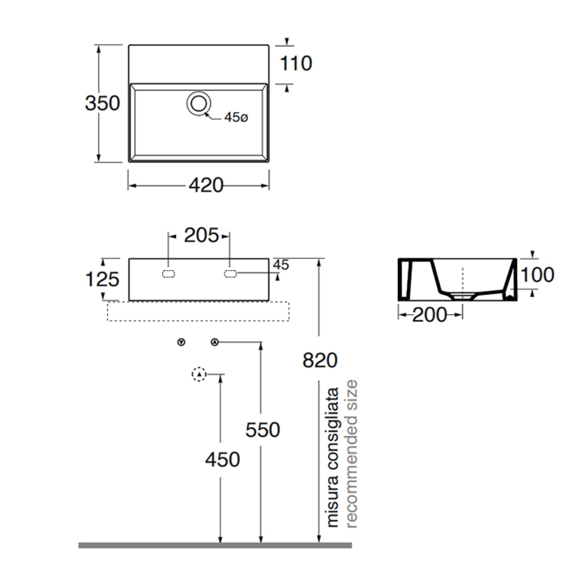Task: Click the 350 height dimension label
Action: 102,103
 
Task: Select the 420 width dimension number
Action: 206,185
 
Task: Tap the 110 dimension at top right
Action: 296,63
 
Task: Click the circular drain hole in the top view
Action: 199,103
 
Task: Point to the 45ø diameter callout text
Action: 236,117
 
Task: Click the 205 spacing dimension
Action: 201,235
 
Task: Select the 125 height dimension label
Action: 102,279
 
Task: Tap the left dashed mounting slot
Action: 168,274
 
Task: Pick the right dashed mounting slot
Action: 230,274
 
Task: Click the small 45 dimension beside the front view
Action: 281,265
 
